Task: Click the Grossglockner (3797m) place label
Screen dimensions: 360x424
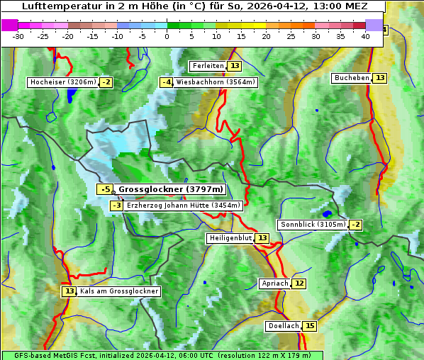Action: [171, 190]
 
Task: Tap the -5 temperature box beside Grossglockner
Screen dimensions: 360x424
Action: [105, 190]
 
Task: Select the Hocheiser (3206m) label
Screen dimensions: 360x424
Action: [62, 82]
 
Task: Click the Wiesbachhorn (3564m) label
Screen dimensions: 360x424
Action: [216, 82]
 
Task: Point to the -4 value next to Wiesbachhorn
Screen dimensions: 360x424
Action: [166, 82]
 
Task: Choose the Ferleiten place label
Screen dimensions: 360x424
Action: [208, 66]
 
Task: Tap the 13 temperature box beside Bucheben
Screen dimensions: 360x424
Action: [380, 78]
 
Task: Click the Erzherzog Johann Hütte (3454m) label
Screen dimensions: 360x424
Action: [184, 206]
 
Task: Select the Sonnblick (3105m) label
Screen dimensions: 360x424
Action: [313, 225]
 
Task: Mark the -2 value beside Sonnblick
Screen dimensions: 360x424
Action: [356, 225]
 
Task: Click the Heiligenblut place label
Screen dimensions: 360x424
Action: [230, 238]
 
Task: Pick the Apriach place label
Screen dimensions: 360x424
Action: [275, 283]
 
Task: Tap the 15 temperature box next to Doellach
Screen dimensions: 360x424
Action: [310, 326]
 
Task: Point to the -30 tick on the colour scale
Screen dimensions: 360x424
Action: [18, 36]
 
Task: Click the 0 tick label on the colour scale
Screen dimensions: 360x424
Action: [167, 36]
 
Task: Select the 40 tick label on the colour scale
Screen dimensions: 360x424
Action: [365, 36]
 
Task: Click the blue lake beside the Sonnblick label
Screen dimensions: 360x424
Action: [327, 213]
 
